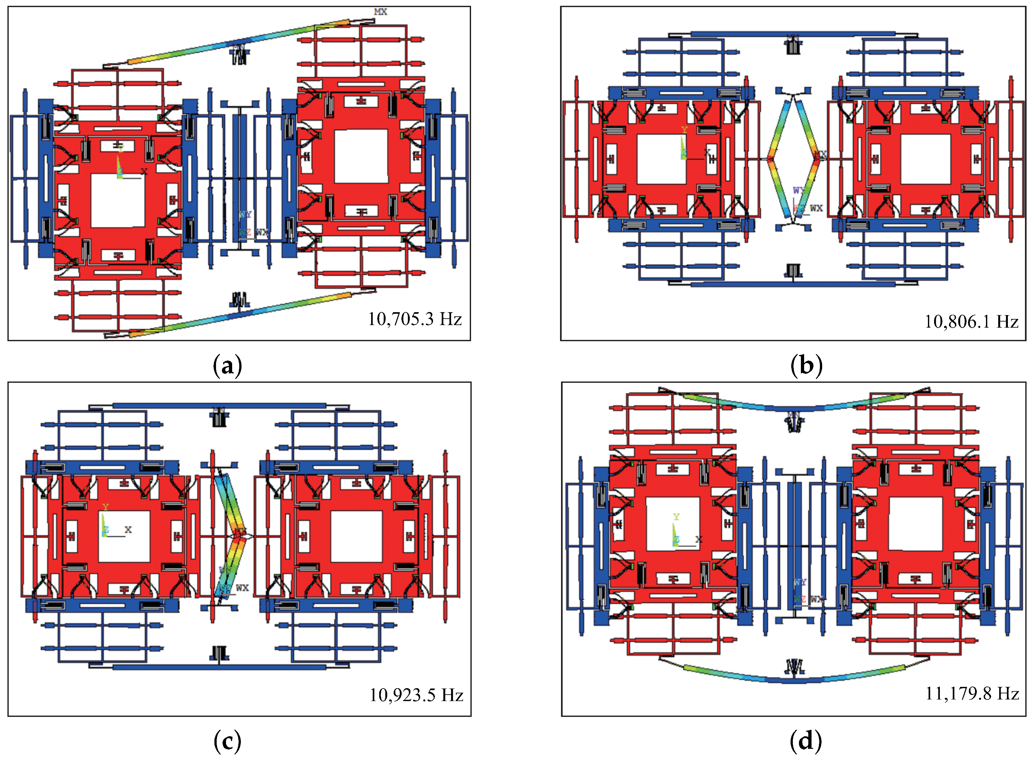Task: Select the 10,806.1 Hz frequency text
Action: pyautogui.click(x=971, y=322)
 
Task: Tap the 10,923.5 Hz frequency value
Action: pyautogui.click(x=416, y=695)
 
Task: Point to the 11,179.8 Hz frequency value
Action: pyautogui.click(x=972, y=693)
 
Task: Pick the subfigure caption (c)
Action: pyautogui.click(x=227, y=741)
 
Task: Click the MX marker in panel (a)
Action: pyautogui.click(x=380, y=12)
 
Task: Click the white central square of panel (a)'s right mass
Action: pyautogui.click(x=361, y=156)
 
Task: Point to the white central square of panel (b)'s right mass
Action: pyautogui.click(x=925, y=159)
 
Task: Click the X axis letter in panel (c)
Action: pyautogui.click(x=128, y=530)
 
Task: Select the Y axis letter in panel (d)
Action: pyautogui.click(x=676, y=517)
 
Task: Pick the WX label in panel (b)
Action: pyautogui.click(x=816, y=208)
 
